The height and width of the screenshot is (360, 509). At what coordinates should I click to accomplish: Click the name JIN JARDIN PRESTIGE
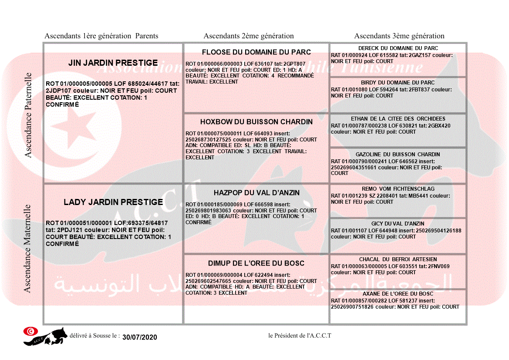click(x=113, y=63)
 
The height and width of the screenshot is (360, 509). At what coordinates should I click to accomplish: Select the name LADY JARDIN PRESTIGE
click(x=113, y=202)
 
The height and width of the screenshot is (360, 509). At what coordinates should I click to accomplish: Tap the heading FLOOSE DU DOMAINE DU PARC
click(x=256, y=52)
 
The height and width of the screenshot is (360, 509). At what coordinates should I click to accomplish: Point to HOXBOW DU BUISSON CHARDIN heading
click(x=256, y=122)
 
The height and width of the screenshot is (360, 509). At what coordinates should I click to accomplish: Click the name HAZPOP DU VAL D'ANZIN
click(x=256, y=193)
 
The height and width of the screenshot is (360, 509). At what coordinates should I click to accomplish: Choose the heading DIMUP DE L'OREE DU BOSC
click(x=256, y=263)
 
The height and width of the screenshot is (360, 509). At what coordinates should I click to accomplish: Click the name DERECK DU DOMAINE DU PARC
click(x=398, y=48)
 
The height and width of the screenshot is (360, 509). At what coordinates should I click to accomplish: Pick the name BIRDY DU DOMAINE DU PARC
click(x=398, y=83)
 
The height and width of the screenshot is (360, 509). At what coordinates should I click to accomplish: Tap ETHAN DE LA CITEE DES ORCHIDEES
click(x=398, y=119)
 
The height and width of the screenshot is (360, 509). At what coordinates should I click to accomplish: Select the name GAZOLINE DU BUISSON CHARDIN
click(x=398, y=155)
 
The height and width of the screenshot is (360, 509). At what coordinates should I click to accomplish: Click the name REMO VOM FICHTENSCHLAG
click(x=398, y=189)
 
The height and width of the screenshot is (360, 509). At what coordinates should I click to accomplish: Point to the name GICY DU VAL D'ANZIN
click(x=398, y=224)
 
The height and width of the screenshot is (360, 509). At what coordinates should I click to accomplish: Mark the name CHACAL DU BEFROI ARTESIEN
click(x=398, y=259)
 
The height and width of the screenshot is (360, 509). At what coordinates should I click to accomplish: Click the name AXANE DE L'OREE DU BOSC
click(x=398, y=294)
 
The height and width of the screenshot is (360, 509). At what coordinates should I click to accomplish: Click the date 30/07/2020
click(x=139, y=337)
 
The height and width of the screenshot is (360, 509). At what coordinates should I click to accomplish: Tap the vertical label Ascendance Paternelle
click(x=28, y=115)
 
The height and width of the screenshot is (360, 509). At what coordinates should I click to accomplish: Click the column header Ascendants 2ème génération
click(x=249, y=36)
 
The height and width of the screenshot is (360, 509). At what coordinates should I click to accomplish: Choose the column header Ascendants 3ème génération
click(x=399, y=36)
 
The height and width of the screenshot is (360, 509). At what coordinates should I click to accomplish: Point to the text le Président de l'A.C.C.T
click(x=300, y=336)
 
